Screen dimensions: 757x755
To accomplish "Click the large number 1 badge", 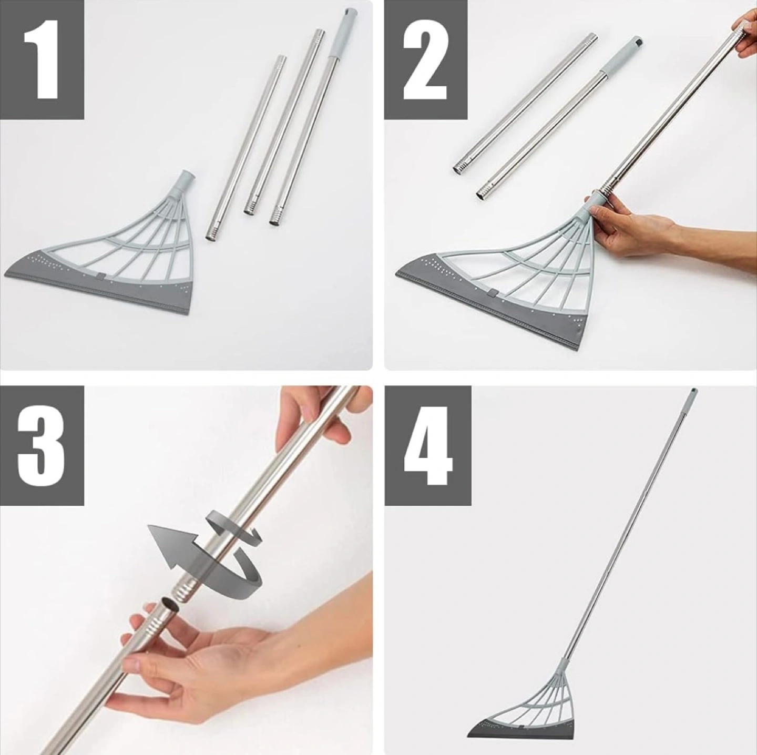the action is (x=42, y=59).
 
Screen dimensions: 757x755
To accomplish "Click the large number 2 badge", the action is (x=425, y=59).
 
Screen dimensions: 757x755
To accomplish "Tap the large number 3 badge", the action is (x=42, y=445).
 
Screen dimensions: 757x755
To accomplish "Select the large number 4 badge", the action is (x=428, y=445).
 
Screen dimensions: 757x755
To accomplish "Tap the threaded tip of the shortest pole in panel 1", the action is (x=213, y=231).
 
